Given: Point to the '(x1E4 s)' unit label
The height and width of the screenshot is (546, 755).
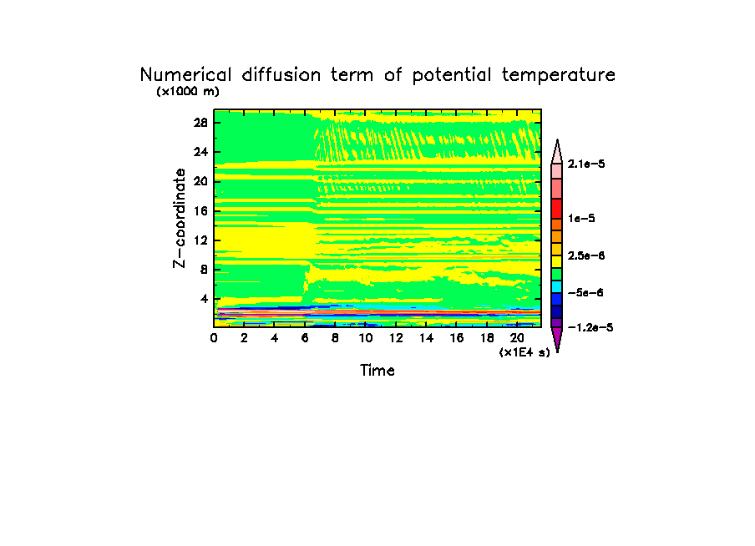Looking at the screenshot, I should coord(524,353).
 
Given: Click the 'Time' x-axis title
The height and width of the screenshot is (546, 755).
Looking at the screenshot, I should coord(377,370).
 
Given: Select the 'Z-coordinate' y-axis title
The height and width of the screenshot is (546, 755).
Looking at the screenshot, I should coord(179,218).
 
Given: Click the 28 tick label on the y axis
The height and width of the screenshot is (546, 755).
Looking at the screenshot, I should coord(201,122).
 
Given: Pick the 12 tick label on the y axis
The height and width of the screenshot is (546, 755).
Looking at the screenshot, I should coord(201,240).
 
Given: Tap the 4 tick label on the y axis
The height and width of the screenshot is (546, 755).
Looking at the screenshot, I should coord(204,299).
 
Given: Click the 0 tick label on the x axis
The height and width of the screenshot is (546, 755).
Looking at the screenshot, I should coord(214,338).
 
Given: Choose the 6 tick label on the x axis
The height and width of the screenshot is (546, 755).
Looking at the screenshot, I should coord(305,338).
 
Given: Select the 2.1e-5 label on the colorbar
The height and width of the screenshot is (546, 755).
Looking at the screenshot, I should coord(586,164).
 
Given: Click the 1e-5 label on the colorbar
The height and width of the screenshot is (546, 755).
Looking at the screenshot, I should coord(581,218).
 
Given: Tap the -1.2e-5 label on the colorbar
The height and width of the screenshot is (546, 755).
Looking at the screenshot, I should coord(590,327).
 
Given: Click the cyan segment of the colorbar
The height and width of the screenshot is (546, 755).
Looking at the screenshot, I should coord(556,286).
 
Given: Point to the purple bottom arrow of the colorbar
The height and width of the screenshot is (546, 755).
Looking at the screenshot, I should coord(556,338).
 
